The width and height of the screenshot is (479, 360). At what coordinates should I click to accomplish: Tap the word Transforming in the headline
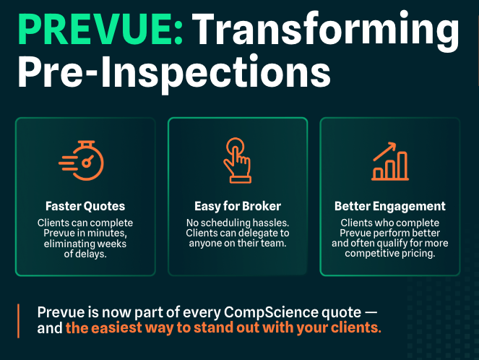326,33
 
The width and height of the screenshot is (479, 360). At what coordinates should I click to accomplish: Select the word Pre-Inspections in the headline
174,73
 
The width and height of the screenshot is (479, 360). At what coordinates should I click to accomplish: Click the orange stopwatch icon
82,160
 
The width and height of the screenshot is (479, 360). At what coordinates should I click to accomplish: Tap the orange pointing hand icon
238,160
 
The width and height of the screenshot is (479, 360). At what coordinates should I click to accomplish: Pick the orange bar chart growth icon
390,161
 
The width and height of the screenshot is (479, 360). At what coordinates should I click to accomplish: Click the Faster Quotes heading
85,206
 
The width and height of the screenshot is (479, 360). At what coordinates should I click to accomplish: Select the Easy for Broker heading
238,206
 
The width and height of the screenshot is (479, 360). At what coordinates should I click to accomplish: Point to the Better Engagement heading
390,206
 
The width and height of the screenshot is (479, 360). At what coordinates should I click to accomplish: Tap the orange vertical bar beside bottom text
19,321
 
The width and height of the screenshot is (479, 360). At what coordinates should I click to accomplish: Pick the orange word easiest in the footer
116,327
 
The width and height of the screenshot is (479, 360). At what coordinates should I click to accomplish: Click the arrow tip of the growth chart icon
395,143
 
